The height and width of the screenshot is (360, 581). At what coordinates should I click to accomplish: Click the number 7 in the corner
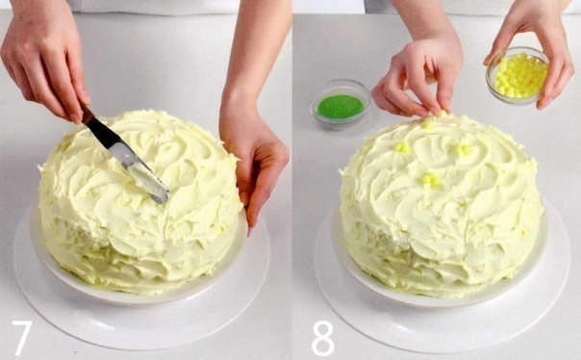click(21, 338)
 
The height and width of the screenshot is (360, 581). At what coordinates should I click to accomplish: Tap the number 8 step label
click(323, 338)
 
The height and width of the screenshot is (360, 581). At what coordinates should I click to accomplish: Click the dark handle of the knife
click(87, 115)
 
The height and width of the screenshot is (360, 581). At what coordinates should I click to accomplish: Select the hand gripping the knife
click(44, 60)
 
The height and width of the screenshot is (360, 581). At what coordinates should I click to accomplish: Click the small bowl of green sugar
click(340, 105)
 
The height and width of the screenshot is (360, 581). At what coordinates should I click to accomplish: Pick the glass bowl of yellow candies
click(517, 75)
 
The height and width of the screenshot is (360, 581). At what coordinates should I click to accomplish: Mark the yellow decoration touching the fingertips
click(429, 123)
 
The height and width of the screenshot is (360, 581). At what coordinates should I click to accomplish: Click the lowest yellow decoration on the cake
click(430, 180)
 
